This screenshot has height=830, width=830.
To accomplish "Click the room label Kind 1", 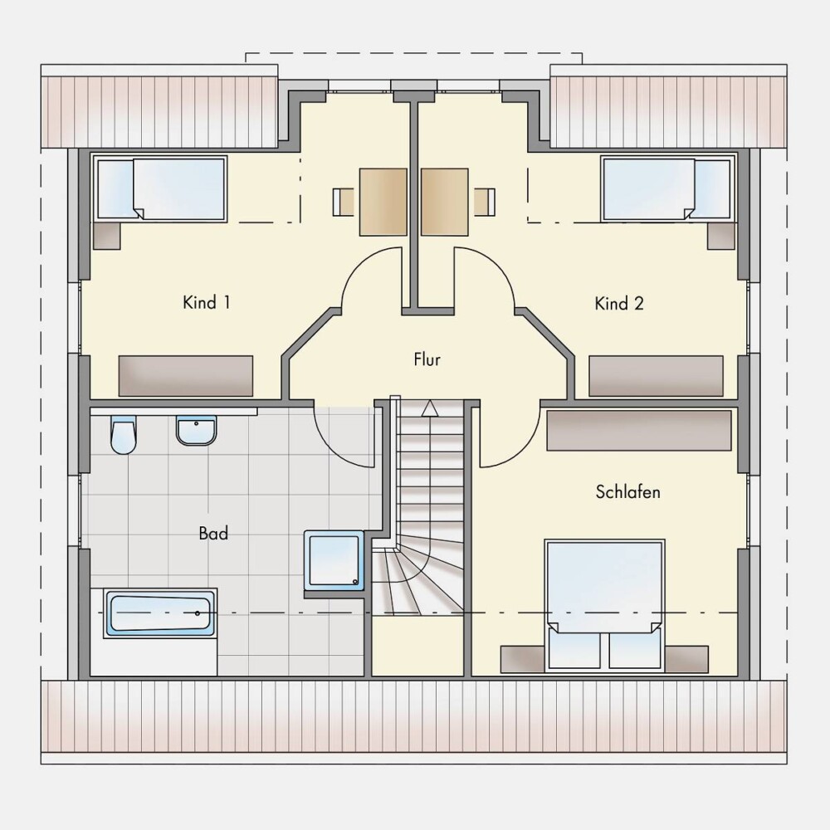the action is (207, 303).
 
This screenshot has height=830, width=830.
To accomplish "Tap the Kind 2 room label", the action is (619, 304).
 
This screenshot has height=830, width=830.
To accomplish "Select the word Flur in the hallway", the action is (427, 360).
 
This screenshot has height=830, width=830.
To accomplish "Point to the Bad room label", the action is (214, 533).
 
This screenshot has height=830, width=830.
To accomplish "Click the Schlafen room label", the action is (627, 492).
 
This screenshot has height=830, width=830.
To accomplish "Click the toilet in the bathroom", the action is (124, 435).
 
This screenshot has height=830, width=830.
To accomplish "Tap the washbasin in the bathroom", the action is (197, 430).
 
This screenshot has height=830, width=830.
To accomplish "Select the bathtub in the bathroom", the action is (161, 613).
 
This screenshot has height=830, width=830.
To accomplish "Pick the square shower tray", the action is (334, 560).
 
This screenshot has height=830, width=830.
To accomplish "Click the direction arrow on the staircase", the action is (430, 408).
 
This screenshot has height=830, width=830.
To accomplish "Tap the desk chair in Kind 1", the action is (344, 203).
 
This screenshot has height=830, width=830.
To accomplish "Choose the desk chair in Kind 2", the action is (485, 203).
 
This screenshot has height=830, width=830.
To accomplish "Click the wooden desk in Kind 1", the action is (383, 203).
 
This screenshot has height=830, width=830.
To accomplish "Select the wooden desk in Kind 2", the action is (445, 203).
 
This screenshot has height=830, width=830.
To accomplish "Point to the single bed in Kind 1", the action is (162, 188).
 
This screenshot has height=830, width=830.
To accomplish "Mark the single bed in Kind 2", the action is (668, 188).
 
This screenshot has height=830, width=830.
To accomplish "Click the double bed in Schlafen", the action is (604, 604).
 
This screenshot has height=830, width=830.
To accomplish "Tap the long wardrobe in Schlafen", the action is (639, 431).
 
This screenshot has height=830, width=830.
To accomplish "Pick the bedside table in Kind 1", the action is (107, 236).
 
